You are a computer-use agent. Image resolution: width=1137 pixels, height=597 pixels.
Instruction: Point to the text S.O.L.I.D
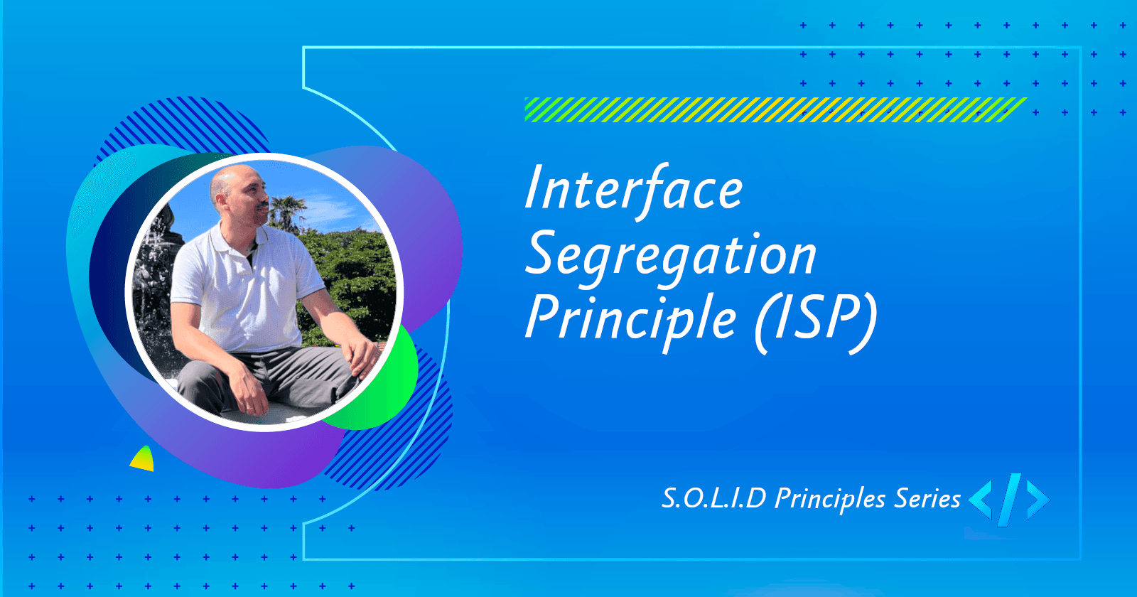click(x=713, y=498)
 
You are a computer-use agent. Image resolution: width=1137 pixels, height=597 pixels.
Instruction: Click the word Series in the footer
click(x=927, y=498)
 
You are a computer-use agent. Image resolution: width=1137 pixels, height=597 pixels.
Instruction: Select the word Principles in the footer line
click(x=830, y=500)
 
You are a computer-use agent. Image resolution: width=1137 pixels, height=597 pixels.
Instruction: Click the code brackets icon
click(x=1009, y=500)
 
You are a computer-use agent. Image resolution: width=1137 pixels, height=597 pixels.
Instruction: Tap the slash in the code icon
click(x=1009, y=500)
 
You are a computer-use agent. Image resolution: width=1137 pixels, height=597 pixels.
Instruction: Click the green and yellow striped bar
click(x=775, y=109)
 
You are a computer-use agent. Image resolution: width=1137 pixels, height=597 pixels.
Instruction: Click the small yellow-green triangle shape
click(x=144, y=461)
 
